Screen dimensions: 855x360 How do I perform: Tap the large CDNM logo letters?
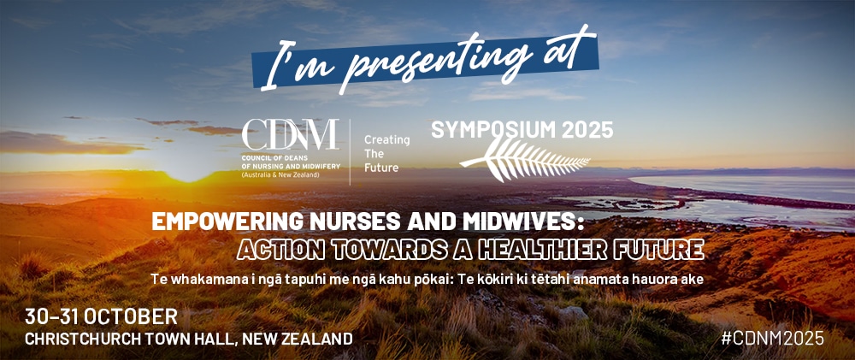tap(290, 134)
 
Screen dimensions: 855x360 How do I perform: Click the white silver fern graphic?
tap(525, 159)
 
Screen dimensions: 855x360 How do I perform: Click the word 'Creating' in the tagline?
tap(387, 139)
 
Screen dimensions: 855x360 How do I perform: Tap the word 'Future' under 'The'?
tap(381, 168)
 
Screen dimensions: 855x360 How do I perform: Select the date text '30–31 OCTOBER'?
tap(102, 317)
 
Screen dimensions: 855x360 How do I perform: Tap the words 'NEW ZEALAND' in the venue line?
tap(298, 339)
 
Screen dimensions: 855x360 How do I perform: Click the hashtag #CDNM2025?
tap(772, 338)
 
